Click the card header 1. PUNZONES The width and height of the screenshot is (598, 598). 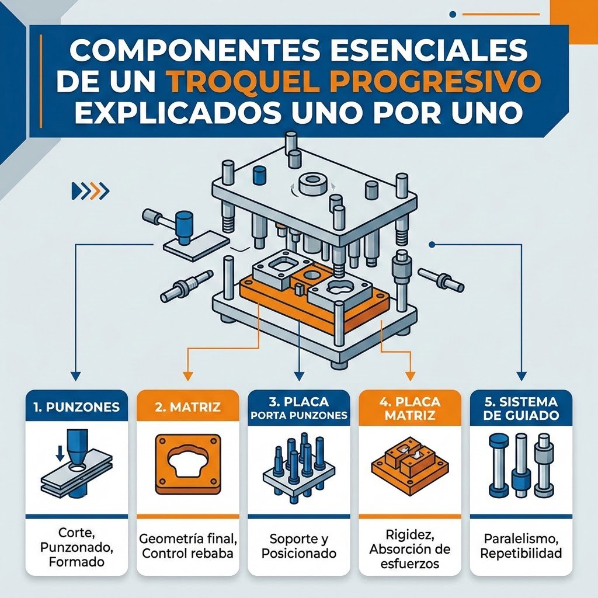77,407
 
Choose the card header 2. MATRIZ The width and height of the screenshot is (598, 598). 187,407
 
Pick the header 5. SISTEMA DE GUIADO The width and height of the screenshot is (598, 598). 521,408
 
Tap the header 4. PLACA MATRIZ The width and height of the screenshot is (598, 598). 410,408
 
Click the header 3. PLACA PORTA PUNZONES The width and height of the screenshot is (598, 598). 299,408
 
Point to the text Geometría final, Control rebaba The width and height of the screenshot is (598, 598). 187,546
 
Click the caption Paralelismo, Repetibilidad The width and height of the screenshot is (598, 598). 521,546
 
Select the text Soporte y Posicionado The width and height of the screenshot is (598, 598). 299,546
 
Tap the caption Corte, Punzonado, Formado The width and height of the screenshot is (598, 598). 77,547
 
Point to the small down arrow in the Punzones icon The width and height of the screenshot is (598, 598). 60,452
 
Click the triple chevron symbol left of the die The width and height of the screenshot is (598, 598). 91,191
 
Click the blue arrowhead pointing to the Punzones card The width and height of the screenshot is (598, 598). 77,376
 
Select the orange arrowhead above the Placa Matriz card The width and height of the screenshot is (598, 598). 410,376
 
